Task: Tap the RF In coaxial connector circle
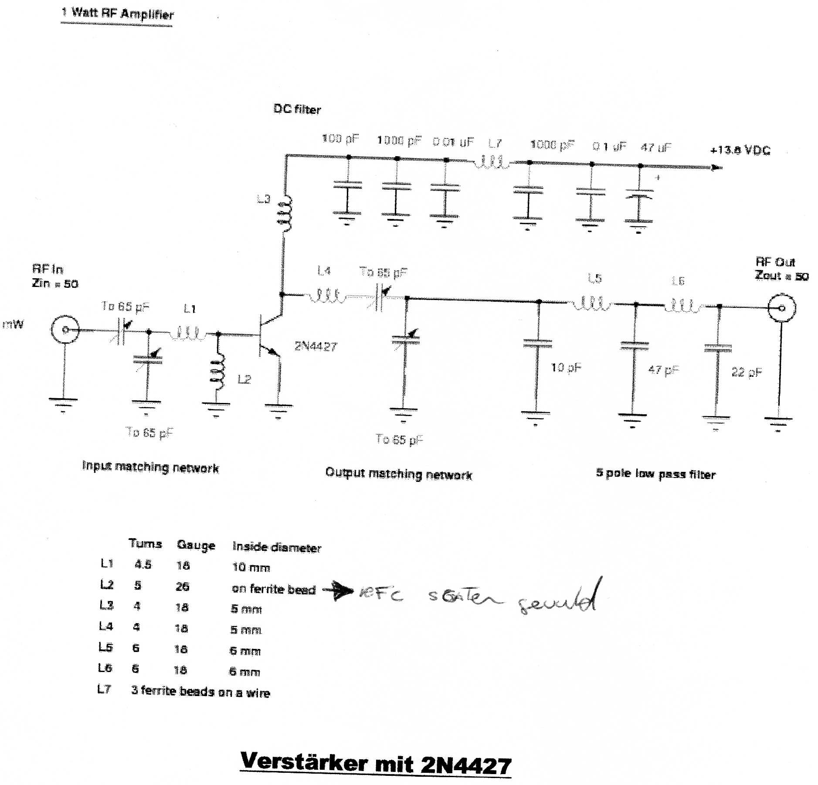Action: coord(65,330)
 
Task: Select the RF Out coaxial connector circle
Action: coord(782,308)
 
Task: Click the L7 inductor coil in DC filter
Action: coord(491,162)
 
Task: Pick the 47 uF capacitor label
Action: coord(656,148)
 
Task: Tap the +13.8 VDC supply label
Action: coord(740,150)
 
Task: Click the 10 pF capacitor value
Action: coord(566,368)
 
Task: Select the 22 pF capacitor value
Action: coord(746,372)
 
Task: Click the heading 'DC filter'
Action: coord(297,109)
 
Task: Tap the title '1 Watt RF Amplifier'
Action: coord(118,14)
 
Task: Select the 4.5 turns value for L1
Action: coord(143,565)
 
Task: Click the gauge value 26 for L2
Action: coord(182,586)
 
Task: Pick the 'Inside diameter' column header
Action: coord(276,547)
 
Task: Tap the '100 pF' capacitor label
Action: coord(340,139)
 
